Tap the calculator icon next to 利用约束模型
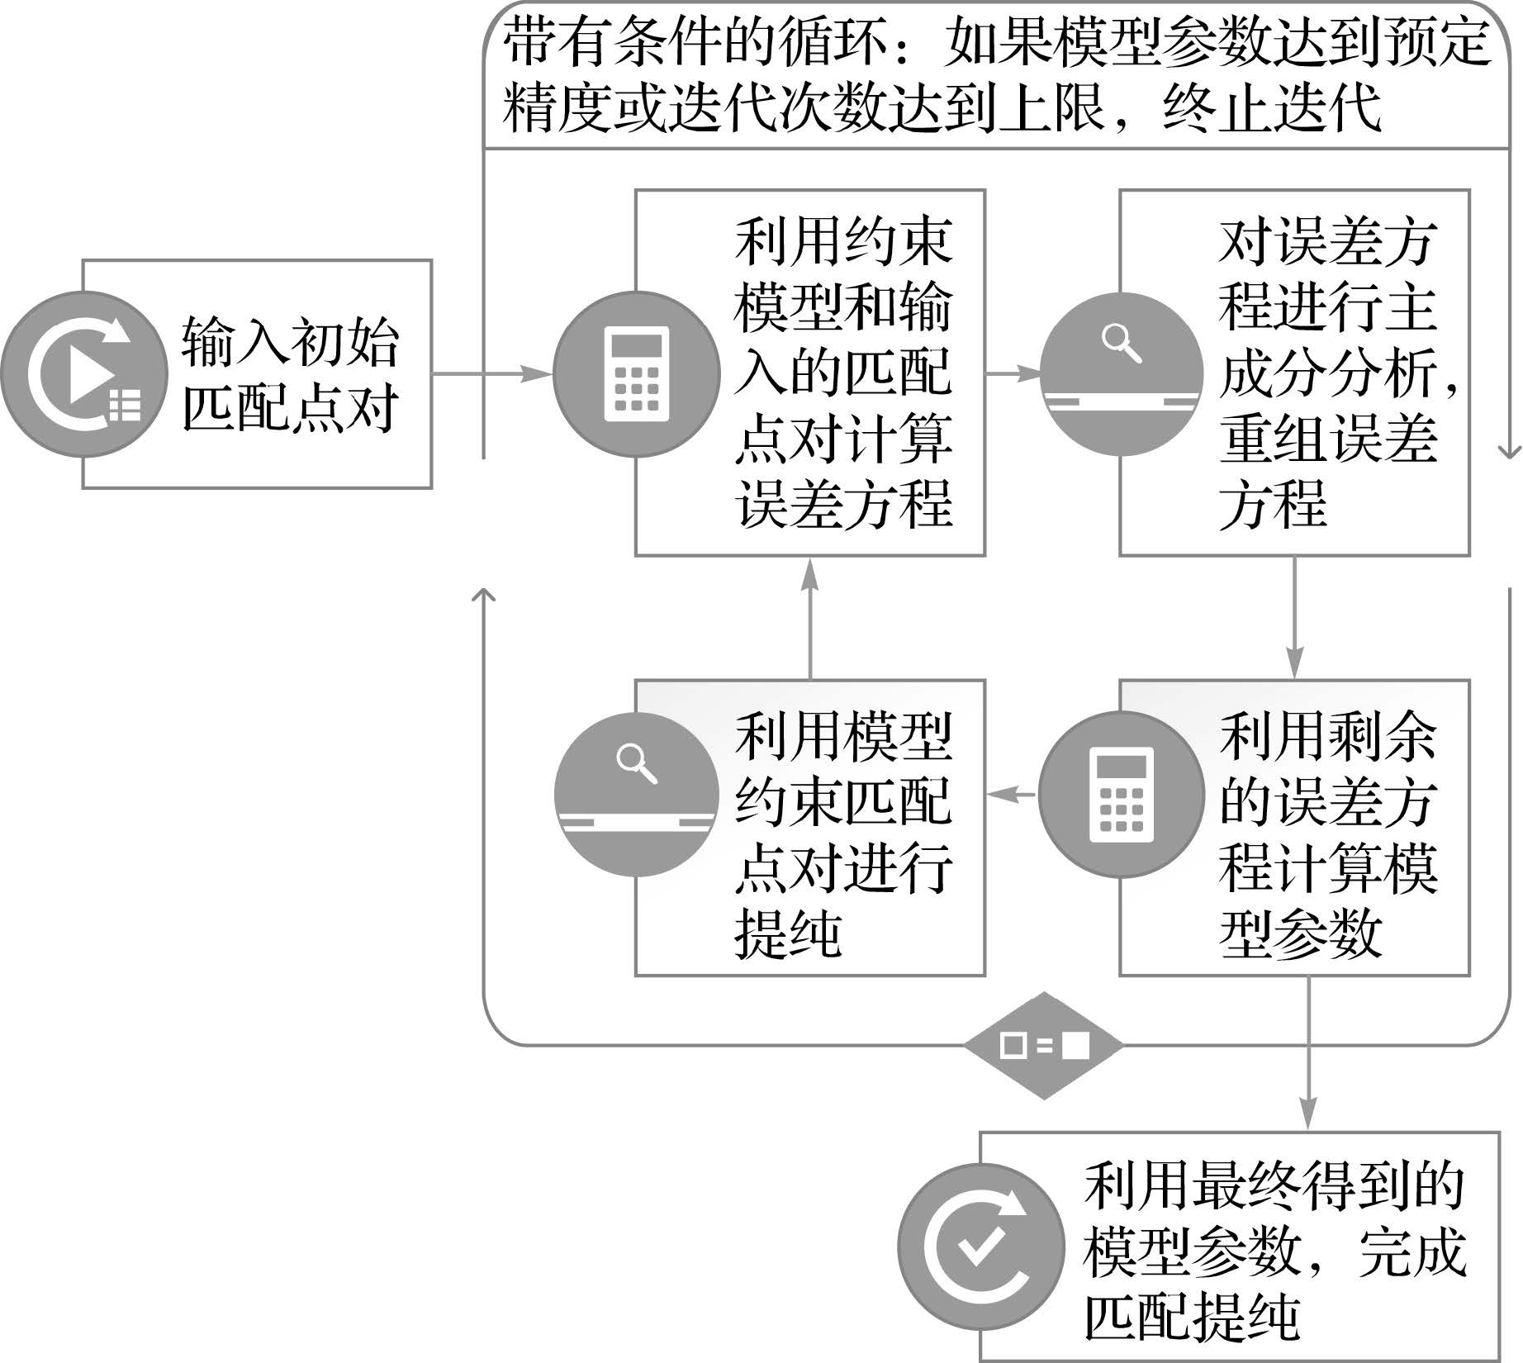[x=635, y=373]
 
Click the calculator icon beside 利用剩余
[x=1121, y=793]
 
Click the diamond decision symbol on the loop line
[x=1044, y=1046]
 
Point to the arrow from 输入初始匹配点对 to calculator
[x=492, y=374]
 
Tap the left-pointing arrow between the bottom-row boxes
[x=1011, y=794]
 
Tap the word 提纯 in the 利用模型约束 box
[x=788, y=935]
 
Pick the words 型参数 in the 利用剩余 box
[x=1300, y=935]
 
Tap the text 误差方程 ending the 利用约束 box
[x=843, y=505]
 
